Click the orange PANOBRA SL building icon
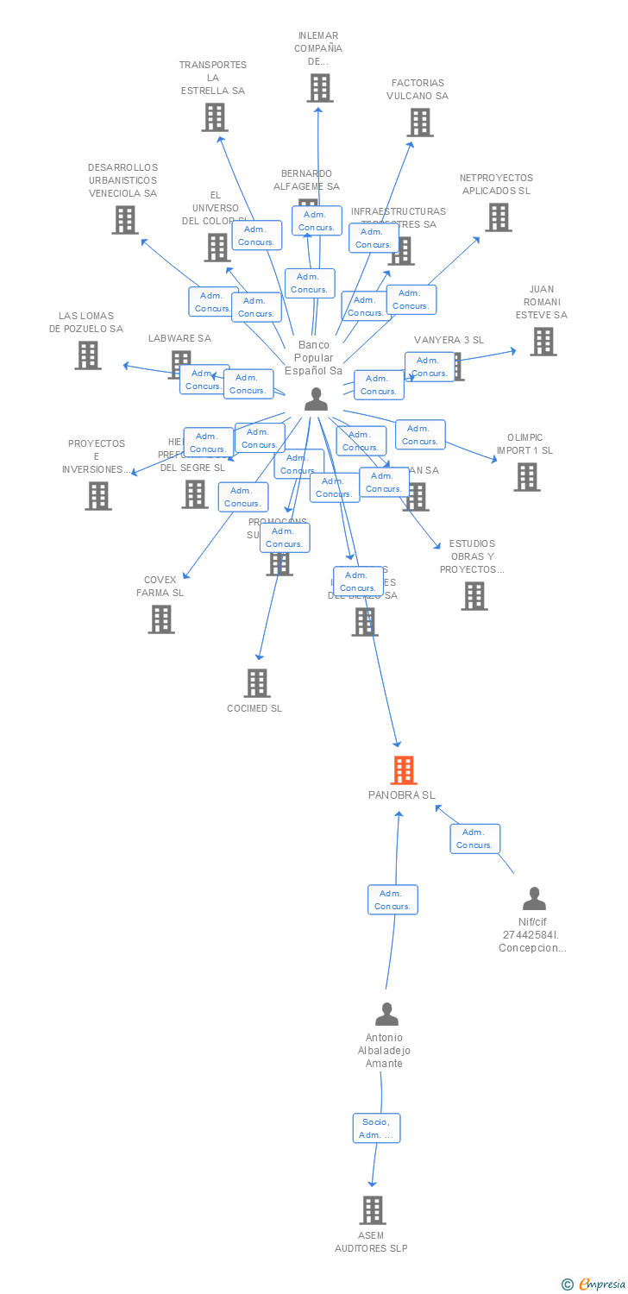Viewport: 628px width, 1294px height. [x=403, y=769]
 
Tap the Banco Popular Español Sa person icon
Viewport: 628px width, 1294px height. [x=316, y=399]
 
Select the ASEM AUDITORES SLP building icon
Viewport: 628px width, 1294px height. [x=372, y=1209]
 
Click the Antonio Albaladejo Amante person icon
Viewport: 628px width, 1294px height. [x=386, y=1014]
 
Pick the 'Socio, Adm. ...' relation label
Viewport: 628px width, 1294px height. [x=376, y=1128]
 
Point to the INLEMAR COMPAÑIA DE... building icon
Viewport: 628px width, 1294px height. [x=319, y=88]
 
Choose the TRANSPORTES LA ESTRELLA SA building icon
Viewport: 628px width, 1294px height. [x=214, y=117]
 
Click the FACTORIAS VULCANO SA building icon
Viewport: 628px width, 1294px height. [x=419, y=122]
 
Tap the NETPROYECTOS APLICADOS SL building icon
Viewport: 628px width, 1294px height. [x=498, y=217]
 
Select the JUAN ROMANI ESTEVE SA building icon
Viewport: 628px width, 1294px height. [x=543, y=342]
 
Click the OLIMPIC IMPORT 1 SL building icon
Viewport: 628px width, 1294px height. [x=526, y=477]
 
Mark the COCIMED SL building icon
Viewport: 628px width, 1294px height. [x=256, y=683]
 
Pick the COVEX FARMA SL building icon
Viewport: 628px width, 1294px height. [x=160, y=619]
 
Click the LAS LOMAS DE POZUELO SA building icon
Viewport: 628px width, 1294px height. [x=87, y=355]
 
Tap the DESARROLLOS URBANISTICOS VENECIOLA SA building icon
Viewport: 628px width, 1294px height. [x=125, y=220]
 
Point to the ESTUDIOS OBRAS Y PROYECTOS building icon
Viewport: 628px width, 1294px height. [x=474, y=596]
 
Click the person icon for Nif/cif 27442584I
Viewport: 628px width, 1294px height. [x=534, y=899]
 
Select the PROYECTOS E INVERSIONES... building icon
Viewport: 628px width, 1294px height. [x=97, y=496]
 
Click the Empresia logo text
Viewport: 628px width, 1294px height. [x=601, y=1285]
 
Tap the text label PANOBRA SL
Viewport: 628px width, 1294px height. [x=402, y=795]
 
